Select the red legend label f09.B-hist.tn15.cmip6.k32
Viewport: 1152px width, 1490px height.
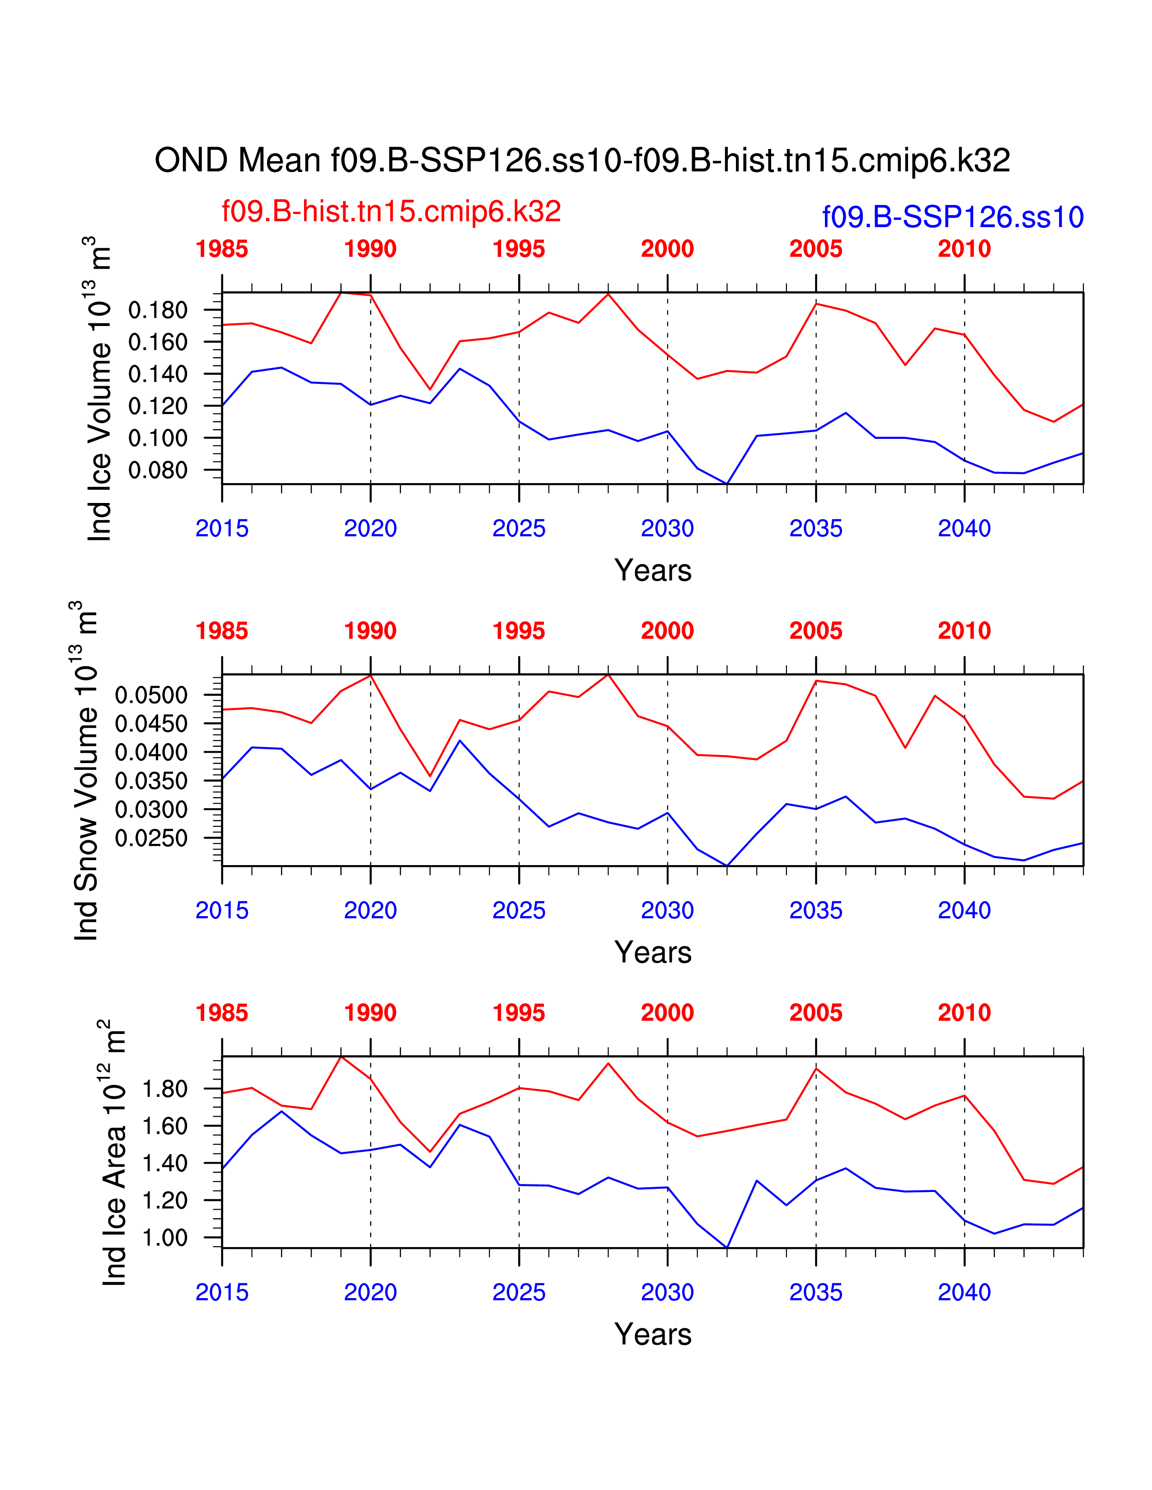391,211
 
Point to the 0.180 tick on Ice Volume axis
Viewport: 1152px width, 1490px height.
158,311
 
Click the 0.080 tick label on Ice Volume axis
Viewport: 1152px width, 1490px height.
158,470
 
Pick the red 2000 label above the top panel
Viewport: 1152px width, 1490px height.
667,249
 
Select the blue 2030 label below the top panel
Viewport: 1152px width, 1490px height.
667,529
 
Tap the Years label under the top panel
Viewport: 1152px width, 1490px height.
652,570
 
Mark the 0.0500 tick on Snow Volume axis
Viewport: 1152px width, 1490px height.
151,695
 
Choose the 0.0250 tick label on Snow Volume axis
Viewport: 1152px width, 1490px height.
151,838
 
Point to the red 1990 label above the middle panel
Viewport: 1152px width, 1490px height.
370,631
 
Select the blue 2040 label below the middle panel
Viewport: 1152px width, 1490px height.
964,911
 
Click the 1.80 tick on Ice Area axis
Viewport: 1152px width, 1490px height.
164,1090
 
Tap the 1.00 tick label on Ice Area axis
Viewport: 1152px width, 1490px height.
164,1238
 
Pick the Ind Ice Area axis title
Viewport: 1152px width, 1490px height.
113,1153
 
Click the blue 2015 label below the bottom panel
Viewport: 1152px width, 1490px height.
222,1293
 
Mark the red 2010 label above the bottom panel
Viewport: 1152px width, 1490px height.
964,1013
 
